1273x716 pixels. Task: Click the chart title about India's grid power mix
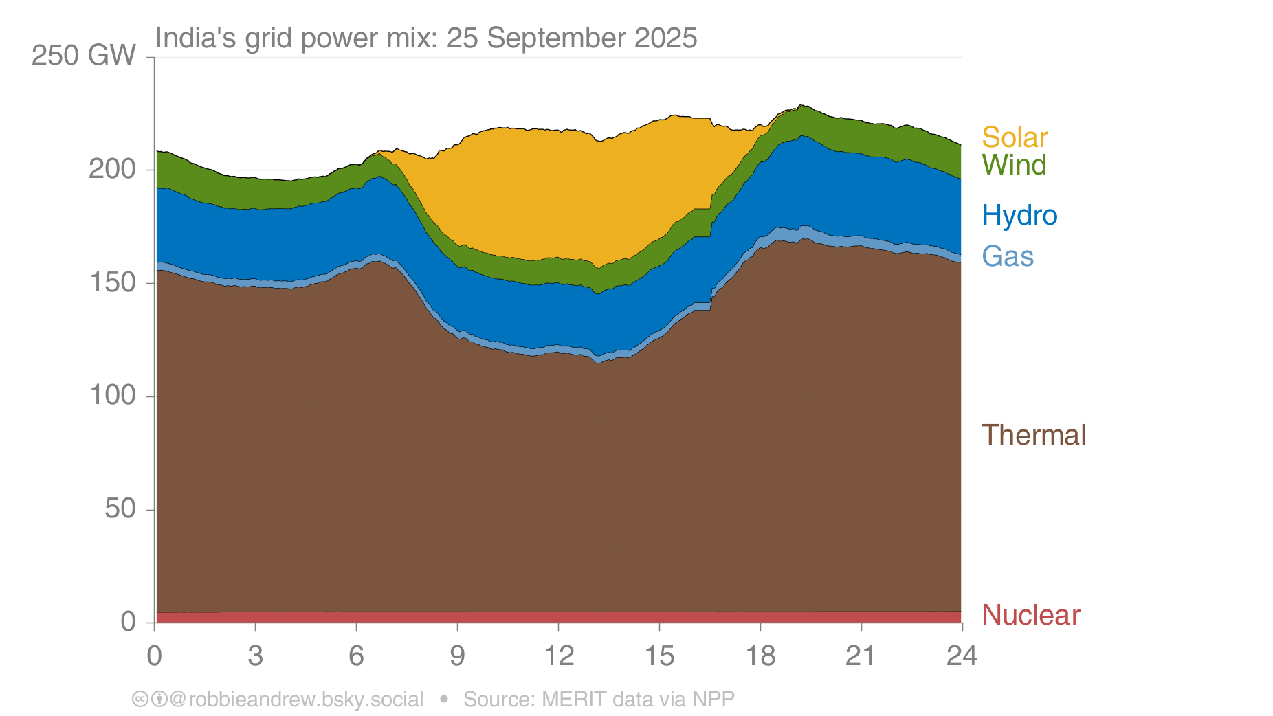point(426,38)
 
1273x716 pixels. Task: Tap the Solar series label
point(1015,137)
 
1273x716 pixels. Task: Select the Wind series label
point(1014,165)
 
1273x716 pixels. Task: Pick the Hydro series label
point(1019,216)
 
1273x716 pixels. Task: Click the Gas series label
point(1008,256)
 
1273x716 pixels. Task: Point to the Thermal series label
point(1034,435)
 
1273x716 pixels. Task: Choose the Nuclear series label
point(1030,615)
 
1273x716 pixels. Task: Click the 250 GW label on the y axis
point(84,56)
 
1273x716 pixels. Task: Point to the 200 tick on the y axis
point(113,169)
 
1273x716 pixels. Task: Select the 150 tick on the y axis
point(113,282)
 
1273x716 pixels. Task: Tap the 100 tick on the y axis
point(113,396)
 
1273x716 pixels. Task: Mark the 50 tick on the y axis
point(120,509)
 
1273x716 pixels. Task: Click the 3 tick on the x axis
point(255,656)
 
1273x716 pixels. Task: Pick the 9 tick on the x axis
point(457,656)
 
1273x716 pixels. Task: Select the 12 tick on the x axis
point(558,656)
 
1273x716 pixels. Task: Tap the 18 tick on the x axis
point(760,656)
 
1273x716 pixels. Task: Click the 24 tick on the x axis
point(962,656)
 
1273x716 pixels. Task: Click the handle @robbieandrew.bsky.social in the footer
point(296,700)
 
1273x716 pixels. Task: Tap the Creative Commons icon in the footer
point(140,700)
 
